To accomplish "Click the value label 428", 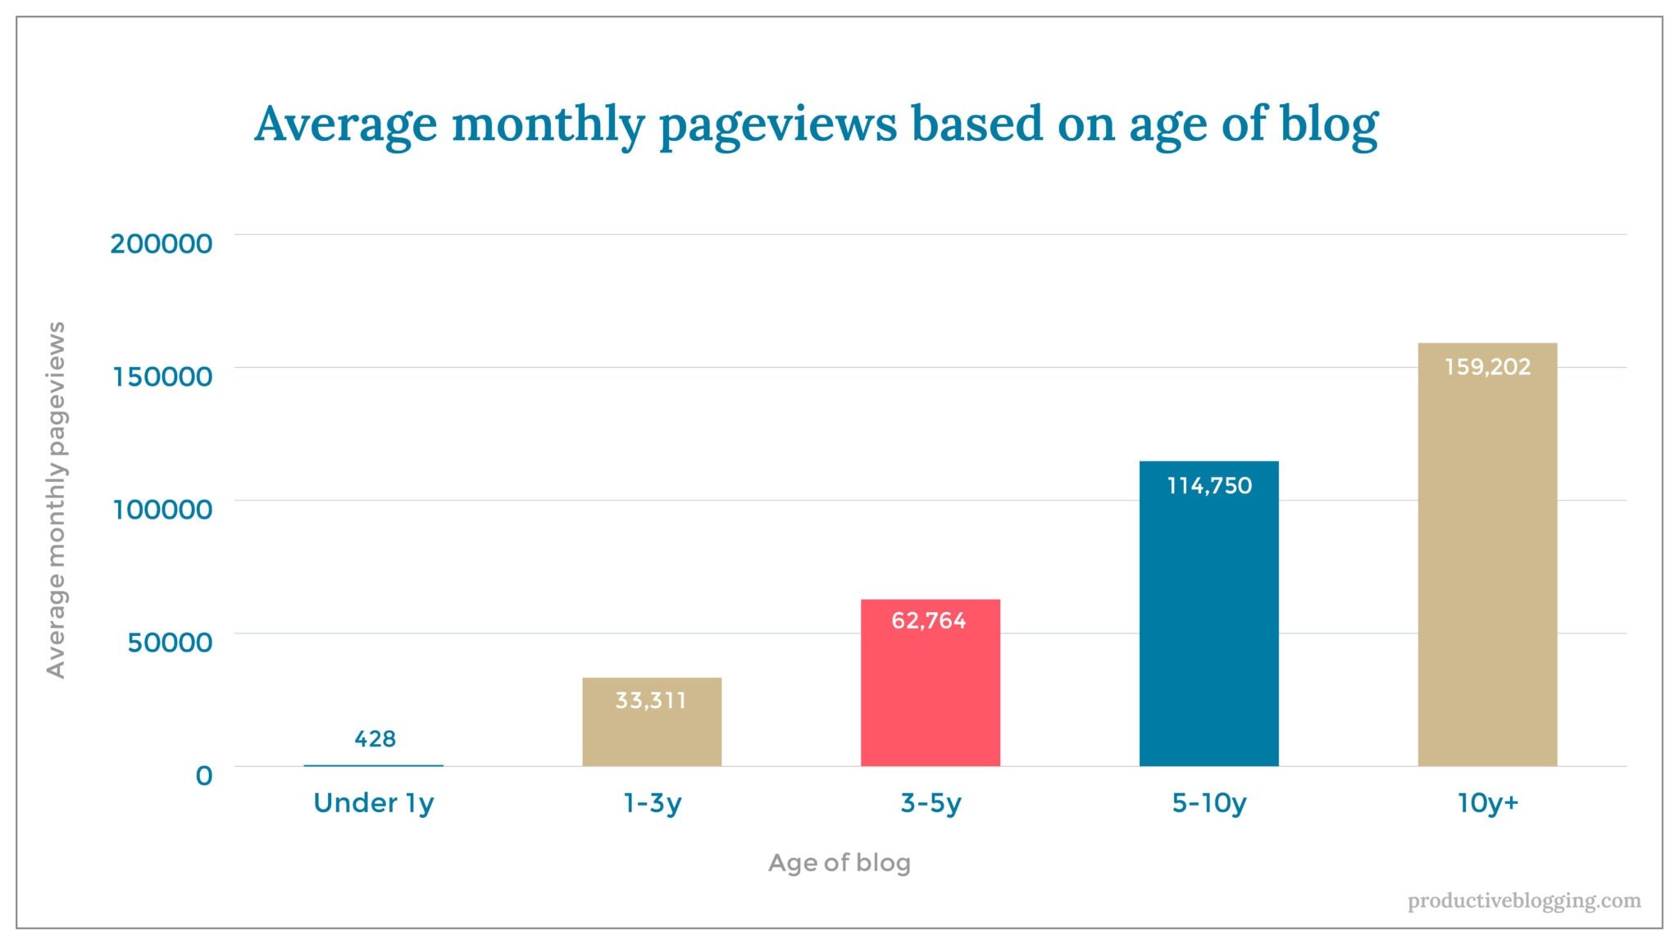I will [x=375, y=739].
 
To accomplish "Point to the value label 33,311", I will [x=651, y=701].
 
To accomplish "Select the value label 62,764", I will [x=929, y=620].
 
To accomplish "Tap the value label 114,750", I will [x=1209, y=486].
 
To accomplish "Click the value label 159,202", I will [x=1487, y=366].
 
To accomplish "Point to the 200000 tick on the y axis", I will [x=162, y=243].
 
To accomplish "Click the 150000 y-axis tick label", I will [x=162, y=376].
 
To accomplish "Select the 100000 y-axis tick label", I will [x=162, y=510].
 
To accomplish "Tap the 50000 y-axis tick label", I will [x=170, y=642].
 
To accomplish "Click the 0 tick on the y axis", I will [x=203, y=775].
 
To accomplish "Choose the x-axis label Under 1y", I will [x=373, y=803].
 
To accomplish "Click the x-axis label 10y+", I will [x=1487, y=803].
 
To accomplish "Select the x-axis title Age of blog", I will [x=839, y=863].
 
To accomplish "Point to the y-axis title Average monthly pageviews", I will [x=56, y=500].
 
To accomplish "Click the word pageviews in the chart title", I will [x=778, y=125].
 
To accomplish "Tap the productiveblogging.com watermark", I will [x=1524, y=901].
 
